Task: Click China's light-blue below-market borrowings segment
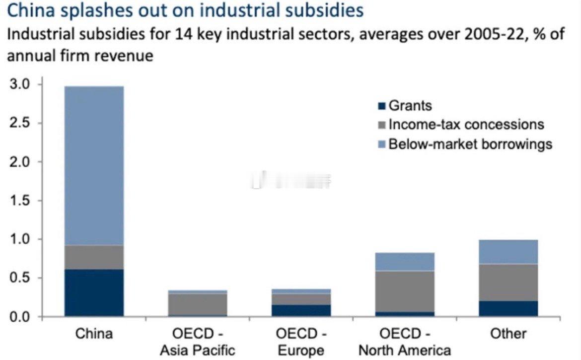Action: (x=94, y=165)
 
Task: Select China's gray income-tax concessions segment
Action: (x=94, y=257)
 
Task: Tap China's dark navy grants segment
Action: (x=94, y=292)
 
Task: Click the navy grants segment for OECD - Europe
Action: (x=301, y=310)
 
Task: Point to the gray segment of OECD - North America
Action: (x=405, y=291)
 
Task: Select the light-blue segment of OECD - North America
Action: (x=405, y=261)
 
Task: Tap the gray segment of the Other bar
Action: (x=508, y=282)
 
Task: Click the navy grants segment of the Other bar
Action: (x=508, y=308)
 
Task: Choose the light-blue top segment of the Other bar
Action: (x=508, y=252)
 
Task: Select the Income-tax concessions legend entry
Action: (x=466, y=124)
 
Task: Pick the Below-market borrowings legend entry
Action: (x=470, y=144)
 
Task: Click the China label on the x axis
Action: (x=94, y=334)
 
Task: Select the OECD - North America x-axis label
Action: (x=405, y=342)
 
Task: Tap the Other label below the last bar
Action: (x=508, y=334)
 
